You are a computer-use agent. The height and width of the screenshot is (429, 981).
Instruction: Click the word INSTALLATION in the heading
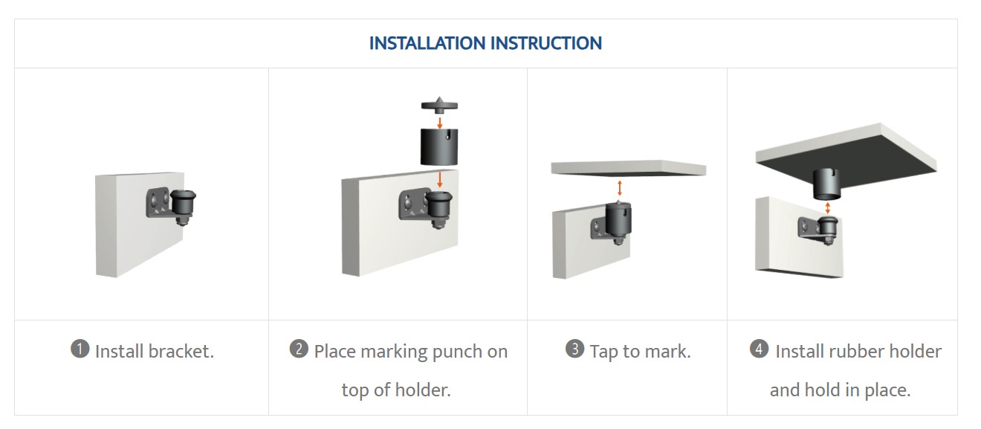427,43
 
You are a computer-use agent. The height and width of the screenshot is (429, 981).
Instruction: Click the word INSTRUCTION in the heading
546,43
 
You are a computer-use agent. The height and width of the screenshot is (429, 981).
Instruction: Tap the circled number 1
80,349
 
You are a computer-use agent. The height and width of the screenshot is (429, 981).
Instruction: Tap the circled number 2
299,349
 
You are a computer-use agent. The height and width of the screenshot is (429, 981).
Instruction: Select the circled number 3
575,349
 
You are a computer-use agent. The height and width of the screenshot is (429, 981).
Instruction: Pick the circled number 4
760,349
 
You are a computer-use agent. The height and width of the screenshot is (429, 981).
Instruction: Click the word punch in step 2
454,352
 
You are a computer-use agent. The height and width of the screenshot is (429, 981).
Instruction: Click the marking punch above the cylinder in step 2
439,105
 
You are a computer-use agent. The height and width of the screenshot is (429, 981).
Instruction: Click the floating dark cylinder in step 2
439,146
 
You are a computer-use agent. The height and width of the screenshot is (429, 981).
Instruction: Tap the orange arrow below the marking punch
440,123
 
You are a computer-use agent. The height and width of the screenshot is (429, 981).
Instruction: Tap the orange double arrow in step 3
619,188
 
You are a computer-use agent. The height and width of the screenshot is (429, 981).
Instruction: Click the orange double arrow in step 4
827,207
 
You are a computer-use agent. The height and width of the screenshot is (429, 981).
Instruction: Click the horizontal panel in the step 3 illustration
629,168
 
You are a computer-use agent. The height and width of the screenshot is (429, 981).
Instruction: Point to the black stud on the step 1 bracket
183,205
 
